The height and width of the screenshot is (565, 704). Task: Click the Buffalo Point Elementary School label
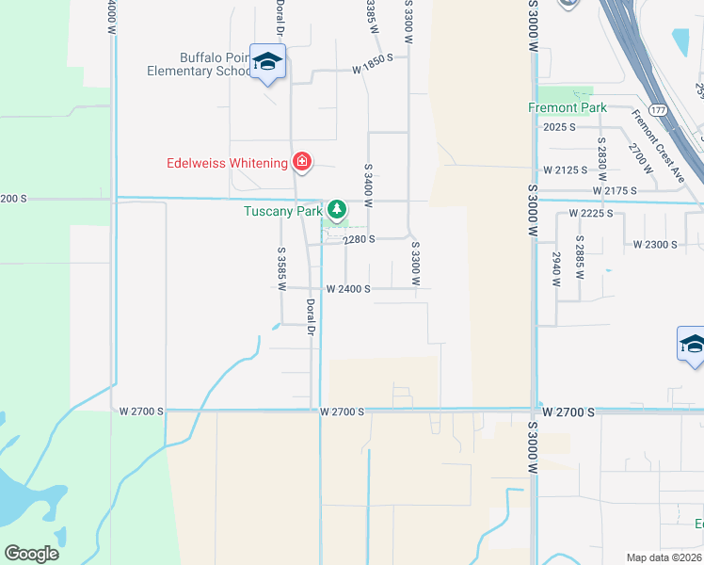[201, 63]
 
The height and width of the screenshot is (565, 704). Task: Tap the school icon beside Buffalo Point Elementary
[268, 62]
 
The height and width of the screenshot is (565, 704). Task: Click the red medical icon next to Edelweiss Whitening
[302, 163]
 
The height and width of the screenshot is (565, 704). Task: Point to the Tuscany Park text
[283, 211]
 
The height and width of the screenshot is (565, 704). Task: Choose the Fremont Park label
[567, 108]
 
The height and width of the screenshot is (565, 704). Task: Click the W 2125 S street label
[571, 170]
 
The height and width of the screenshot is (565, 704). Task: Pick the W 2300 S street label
[655, 245]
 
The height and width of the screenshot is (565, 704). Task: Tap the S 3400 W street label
[369, 185]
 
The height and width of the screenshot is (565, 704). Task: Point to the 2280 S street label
[359, 239]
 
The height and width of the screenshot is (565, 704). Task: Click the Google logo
[31, 554]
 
